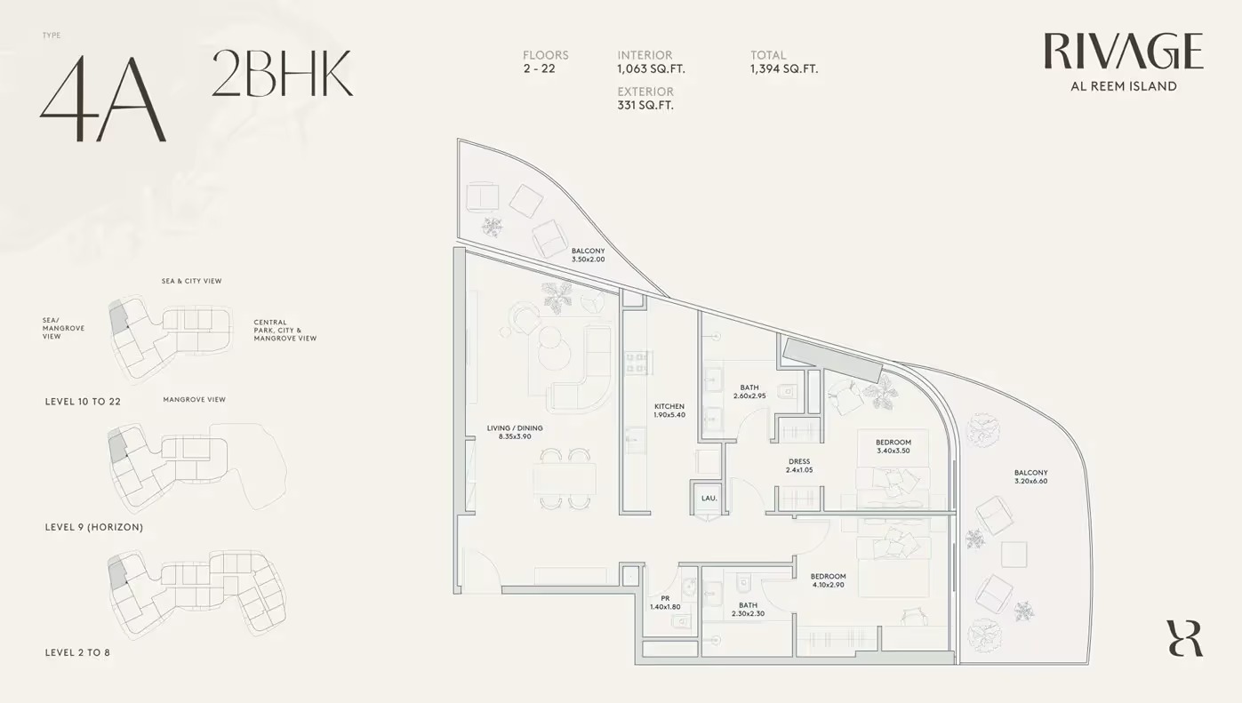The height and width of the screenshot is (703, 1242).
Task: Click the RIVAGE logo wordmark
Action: (1123, 52)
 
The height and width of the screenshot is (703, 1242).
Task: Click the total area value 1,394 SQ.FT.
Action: (783, 68)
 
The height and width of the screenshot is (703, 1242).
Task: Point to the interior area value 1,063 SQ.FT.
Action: (651, 68)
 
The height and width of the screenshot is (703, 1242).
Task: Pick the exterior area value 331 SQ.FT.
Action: (645, 105)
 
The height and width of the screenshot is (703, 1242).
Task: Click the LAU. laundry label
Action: (709, 499)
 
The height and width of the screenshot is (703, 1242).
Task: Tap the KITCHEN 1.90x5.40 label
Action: (669, 411)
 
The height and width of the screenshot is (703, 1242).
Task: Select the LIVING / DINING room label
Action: (515, 432)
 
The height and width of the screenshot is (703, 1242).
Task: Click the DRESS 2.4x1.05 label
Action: (799, 466)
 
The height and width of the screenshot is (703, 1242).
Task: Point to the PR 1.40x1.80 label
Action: (665, 603)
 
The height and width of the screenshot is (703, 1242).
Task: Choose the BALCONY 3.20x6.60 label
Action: (1030, 477)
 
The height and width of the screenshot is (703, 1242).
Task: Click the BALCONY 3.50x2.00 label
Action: (588, 255)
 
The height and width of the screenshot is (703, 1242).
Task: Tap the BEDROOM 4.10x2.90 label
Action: (828, 580)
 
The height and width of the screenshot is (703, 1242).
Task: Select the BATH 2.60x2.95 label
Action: (749, 392)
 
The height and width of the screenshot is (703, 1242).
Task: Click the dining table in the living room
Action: (565, 480)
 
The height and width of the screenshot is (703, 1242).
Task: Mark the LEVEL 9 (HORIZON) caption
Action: (93, 527)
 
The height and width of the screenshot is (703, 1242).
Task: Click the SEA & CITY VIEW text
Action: (191, 281)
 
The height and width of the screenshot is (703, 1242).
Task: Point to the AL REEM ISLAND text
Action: (1123, 86)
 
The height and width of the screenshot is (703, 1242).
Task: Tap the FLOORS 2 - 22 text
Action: (545, 61)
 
